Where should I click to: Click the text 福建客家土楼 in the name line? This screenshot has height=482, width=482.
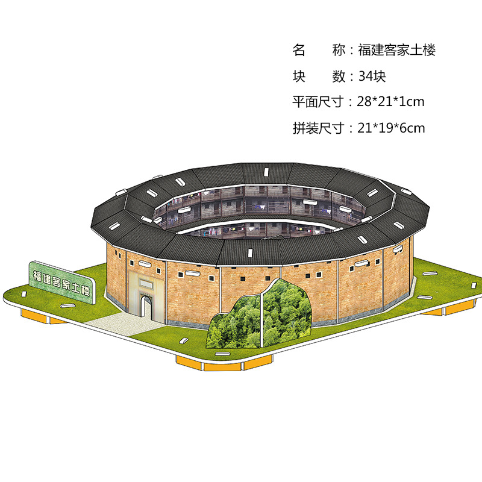[396, 51]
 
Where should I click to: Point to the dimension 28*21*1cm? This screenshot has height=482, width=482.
[390, 102]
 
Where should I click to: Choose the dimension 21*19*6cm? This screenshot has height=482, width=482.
[390, 128]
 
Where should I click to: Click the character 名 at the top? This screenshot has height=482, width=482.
[299, 51]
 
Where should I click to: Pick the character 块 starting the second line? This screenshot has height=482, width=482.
[299, 77]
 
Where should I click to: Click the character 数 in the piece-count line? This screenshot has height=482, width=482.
[339, 77]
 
